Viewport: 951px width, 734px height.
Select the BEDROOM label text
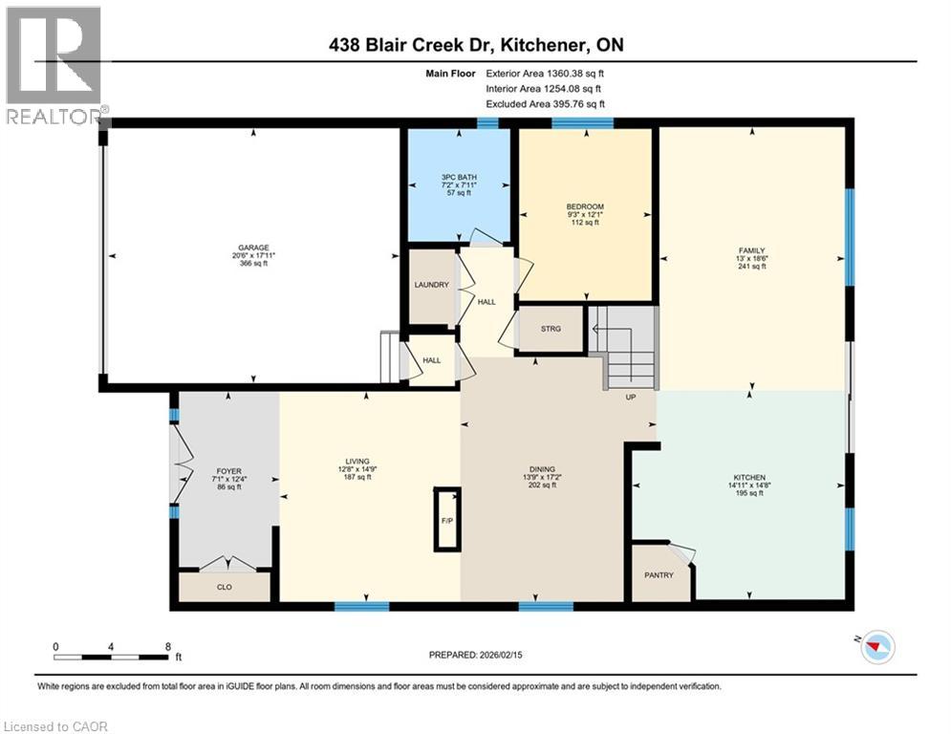pyautogui.click(x=584, y=207)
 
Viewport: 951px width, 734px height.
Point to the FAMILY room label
pyautogui.click(x=752, y=250)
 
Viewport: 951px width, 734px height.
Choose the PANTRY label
pyautogui.click(x=659, y=575)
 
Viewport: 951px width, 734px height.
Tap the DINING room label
pyautogui.click(x=542, y=468)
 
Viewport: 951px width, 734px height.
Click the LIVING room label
pyautogui.click(x=358, y=462)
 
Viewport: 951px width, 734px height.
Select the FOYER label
pyautogui.click(x=228, y=470)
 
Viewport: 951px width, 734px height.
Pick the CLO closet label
pyautogui.click(x=225, y=587)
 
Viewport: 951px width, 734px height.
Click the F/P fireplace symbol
pyautogui.click(x=446, y=521)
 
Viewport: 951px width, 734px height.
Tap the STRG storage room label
pyautogui.click(x=550, y=329)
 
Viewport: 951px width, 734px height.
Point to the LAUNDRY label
pyautogui.click(x=431, y=285)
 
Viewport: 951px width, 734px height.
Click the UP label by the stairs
pyautogui.click(x=631, y=396)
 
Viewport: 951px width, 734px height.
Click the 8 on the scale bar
pyautogui.click(x=167, y=646)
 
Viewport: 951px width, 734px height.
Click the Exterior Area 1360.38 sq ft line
pyautogui.click(x=545, y=73)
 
